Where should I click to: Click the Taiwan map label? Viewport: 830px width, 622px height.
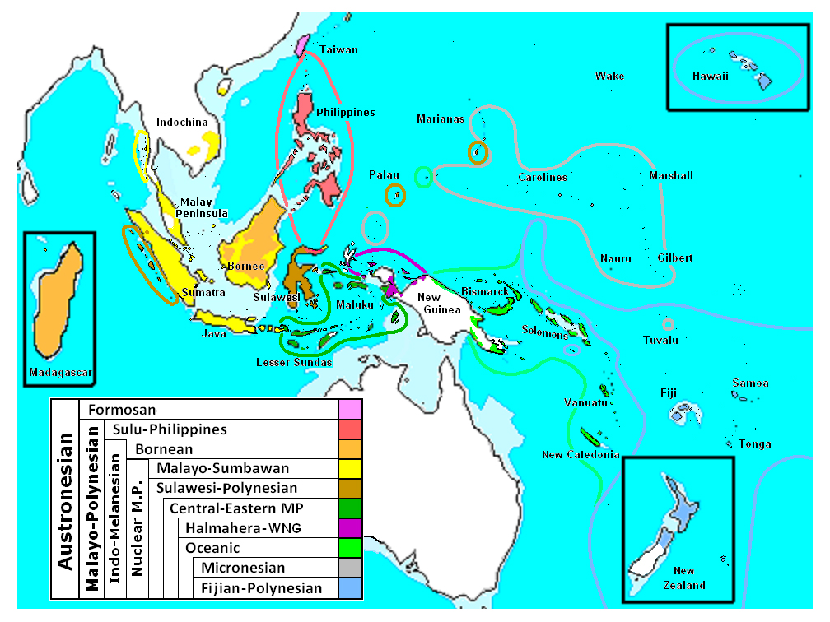(x=339, y=50)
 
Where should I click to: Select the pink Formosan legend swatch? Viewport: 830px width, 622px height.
(x=350, y=409)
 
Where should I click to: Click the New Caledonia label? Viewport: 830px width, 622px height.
(x=581, y=455)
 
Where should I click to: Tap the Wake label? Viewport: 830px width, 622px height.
(x=610, y=77)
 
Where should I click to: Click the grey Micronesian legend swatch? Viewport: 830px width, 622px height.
(x=350, y=568)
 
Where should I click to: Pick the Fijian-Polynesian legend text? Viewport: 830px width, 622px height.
(x=262, y=587)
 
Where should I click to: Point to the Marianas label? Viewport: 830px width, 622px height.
(x=441, y=118)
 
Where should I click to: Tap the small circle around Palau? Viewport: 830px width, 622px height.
(x=395, y=196)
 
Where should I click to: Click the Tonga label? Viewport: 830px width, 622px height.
(x=755, y=444)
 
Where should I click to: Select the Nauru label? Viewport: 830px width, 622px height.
(x=616, y=259)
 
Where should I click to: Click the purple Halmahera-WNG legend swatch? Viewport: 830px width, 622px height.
(x=350, y=527)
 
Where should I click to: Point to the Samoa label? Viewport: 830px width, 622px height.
(x=751, y=383)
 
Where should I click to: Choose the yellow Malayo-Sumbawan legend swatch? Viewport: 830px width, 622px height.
(x=350, y=468)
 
